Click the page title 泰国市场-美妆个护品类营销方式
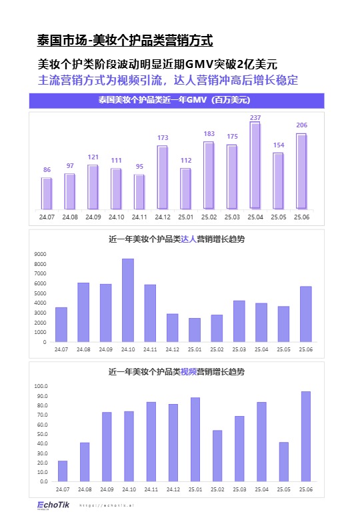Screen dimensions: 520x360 tap(125, 41)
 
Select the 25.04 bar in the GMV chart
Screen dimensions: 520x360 tap(255, 165)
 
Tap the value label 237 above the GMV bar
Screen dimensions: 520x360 tap(255, 117)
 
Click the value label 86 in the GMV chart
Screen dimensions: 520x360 tap(47, 170)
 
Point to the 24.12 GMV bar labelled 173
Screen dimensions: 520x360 tap(163, 176)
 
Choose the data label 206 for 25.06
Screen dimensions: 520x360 tap(301, 125)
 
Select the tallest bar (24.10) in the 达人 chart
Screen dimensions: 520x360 tap(128, 300)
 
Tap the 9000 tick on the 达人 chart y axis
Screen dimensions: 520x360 tap(41, 254)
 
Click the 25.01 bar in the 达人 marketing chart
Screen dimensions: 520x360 tap(195, 329)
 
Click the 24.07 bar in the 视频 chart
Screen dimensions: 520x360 tap(63, 471)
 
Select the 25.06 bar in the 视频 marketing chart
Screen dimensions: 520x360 tap(306, 436)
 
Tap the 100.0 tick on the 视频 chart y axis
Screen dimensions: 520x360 tap(40, 386)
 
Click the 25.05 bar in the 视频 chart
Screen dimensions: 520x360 tap(284, 461)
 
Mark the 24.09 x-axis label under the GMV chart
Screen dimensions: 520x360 tap(93, 217)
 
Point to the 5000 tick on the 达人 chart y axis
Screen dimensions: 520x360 tap(41, 293)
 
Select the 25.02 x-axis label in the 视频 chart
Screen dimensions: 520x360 tap(217, 489)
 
